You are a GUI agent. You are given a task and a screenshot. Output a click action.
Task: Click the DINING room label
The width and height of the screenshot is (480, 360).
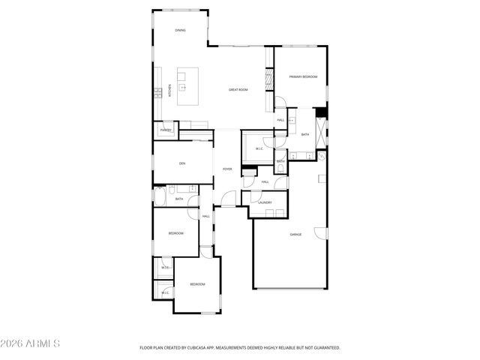coord(180,31)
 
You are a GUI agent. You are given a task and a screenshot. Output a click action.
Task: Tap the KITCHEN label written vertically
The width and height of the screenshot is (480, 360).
coord(169,90)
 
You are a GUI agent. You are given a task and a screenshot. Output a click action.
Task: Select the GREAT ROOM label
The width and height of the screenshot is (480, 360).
coord(238,90)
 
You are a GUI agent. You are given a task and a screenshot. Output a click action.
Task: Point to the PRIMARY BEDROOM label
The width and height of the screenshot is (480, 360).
coord(304,76)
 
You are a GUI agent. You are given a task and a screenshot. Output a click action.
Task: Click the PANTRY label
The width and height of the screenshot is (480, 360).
coord(166,130)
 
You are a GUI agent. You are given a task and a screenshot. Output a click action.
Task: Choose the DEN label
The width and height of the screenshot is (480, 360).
coord(181,163)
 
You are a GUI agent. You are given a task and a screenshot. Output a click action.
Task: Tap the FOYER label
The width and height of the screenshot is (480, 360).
coord(226,169)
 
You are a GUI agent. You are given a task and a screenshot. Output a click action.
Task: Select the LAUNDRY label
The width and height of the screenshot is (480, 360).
coord(264,202)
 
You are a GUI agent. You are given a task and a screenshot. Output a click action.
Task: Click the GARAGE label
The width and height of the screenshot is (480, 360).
coord(295,235)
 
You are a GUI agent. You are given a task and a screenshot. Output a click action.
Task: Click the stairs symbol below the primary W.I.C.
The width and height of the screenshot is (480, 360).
coord(249,172)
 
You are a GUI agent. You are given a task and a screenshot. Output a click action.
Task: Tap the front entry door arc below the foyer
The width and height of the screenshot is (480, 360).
coord(223,199)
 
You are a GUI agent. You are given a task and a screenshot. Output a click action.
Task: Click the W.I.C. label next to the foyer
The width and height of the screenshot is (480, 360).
coord(259,148)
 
